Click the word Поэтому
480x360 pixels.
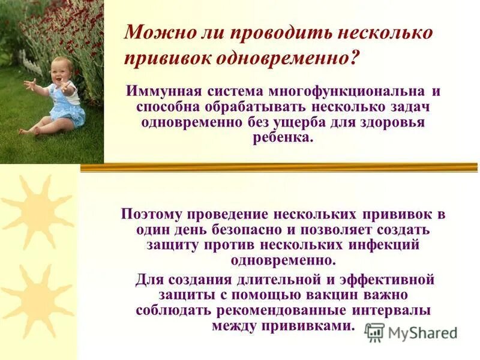tap(153, 214)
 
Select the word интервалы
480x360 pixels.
tap(391, 311)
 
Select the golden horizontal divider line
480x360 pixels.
tap(279, 167)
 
